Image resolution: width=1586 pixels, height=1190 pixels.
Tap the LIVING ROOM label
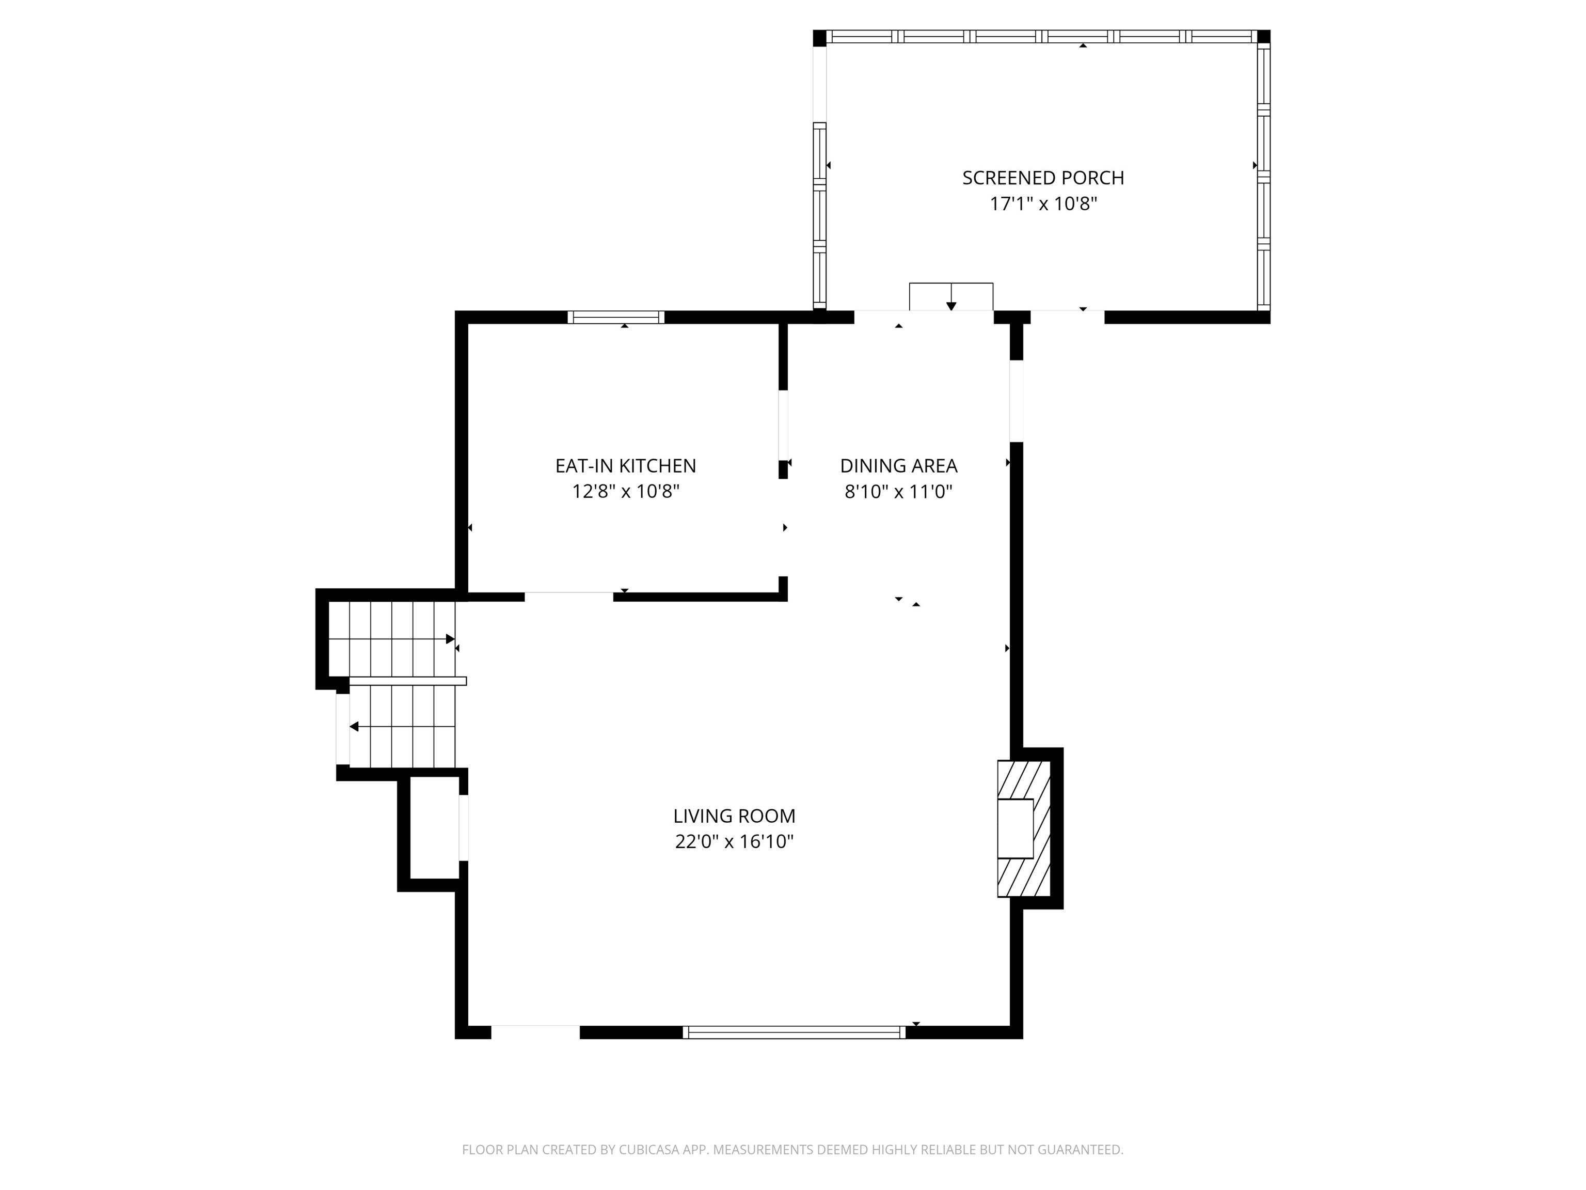pyautogui.click(x=734, y=816)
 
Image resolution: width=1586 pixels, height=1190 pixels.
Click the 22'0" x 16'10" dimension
pyautogui.click(x=734, y=842)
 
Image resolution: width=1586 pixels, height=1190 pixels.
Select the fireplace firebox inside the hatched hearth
pyautogui.click(x=1016, y=828)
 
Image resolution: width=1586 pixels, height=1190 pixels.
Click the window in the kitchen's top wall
pyautogui.click(x=616, y=317)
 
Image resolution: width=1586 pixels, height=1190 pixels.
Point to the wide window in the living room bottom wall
pyautogui.click(x=794, y=1032)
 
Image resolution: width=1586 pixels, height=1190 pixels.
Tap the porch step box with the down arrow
pyautogui.click(x=951, y=296)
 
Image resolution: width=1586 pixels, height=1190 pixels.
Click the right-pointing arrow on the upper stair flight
pyautogui.click(x=450, y=639)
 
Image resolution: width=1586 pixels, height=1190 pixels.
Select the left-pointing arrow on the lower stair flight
pyautogui.click(x=354, y=727)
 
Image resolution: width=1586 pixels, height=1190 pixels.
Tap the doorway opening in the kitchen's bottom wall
pyautogui.click(x=568, y=597)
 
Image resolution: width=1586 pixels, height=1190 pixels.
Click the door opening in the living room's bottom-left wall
pyautogui.click(x=535, y=1032)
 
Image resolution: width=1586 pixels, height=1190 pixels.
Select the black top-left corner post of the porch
pyautogui.click(x=819, y=37)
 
